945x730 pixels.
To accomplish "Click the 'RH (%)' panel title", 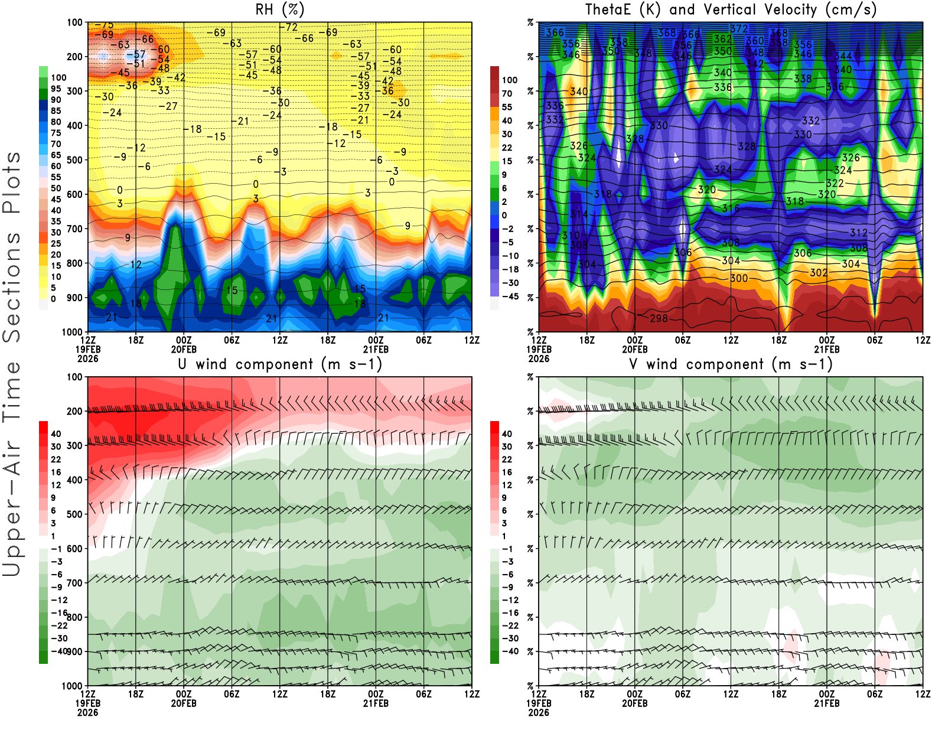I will tap(280, 9).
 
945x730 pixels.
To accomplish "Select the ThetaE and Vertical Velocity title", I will tap(731, 9).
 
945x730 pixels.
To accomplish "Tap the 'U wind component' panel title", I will tap(280, 364).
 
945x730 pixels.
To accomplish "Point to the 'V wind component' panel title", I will tap(731, 364).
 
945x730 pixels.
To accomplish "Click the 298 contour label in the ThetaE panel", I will tap(659, 318).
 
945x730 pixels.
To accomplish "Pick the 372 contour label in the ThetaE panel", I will tap(738, 28).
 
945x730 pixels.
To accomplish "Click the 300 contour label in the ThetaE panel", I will tap(738, 278).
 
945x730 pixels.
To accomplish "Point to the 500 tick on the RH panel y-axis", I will tap(74, 160).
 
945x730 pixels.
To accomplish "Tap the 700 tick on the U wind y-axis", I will tap(74, 583).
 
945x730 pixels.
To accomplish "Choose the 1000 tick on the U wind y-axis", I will tap(72, 686).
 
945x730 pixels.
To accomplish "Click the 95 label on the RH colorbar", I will tap(56, 89).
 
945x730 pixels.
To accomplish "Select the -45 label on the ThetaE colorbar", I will tap(509, 296).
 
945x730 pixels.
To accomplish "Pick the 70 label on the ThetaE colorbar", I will tap(507, 93).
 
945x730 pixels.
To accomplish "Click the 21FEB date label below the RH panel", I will tap(376, 349).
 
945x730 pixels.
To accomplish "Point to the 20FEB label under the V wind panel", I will tap(634, 703).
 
